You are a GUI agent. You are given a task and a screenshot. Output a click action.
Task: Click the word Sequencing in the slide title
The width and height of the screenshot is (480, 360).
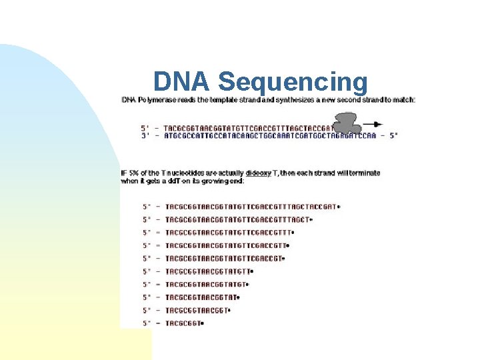click(x=293, y=82)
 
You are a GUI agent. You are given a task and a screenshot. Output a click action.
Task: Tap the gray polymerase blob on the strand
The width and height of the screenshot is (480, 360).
click(x=346, y=123)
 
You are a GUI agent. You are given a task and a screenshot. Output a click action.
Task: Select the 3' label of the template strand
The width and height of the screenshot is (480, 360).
click(x=145, y=135)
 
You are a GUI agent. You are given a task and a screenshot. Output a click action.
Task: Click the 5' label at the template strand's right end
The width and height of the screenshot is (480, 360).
click(x=393, y=135)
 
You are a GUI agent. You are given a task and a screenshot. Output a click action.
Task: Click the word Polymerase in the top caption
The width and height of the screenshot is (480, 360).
click(x=157, y=100)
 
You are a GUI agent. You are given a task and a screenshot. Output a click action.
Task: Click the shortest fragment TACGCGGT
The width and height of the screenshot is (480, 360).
click(x=182, y=323)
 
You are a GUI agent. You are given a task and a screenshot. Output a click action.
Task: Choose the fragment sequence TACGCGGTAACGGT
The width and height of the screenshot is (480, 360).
click(x=196, y=311)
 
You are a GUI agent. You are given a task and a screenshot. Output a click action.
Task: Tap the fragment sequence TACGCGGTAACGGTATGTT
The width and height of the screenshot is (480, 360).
click(x=208, y=271)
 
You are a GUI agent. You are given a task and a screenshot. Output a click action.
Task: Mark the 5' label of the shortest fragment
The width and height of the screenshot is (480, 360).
click(x=147, y=323)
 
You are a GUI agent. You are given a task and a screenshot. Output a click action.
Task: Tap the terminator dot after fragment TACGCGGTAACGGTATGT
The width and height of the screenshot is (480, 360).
click(x=247, y=285)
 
